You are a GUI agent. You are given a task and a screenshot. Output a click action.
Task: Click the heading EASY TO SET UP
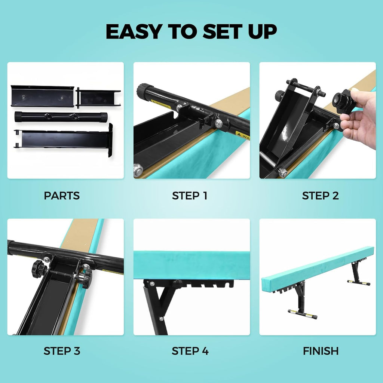pos(191,32)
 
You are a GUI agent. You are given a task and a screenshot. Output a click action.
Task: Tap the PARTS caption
pos(62,196)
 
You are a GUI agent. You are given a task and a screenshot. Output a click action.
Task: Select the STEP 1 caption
pos(190,196)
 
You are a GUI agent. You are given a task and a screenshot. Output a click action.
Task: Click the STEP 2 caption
pos(320,196)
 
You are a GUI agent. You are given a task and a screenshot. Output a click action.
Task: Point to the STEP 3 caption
pos(62,351)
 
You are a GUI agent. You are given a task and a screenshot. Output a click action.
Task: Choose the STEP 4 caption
pos(190,351)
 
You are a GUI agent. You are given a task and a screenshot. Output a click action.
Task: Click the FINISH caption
pos(321,351)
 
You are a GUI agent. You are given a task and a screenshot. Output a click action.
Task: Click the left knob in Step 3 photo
pos(39,268)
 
